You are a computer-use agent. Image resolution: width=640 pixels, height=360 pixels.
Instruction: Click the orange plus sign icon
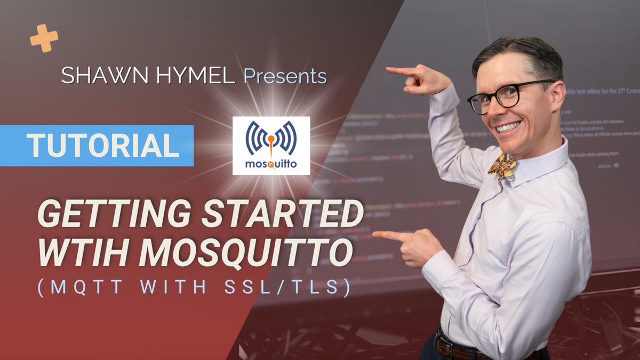coord(44,38)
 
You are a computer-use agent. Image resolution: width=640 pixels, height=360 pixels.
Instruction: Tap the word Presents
coord(285,76)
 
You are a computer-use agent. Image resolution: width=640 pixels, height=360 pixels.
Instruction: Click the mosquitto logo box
coord(271,146)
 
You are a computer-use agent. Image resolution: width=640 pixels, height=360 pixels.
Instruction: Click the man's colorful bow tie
coord(502,167)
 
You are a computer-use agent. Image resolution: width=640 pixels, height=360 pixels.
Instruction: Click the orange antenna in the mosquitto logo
coord(271,143)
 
